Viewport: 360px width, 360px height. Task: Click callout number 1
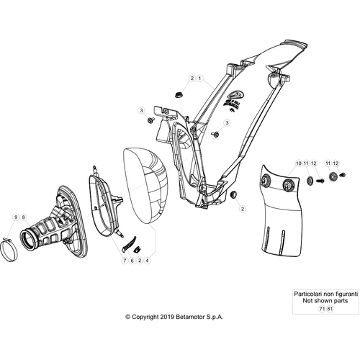[x=199, y=78]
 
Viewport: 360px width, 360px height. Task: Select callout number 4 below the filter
[x=147, y=261]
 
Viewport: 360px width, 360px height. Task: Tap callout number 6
[x=132, y=261]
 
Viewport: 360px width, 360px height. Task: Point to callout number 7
[x=125, y=261]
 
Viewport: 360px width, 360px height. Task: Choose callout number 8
[x=23, y=217]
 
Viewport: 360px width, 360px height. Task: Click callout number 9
[x=16, y=217]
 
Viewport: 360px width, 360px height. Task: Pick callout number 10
[x=299, y=163]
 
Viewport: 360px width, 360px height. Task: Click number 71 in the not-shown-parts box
[x=322, y=309]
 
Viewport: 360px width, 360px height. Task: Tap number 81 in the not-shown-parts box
[x=330, y=309]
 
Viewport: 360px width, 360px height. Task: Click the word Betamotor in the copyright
[x=190, y=317]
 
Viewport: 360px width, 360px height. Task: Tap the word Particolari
[x=308, y=294]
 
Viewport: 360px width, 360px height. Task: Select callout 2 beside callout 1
[x=192, y=78]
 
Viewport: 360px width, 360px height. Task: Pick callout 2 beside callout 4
[x=140, y=261]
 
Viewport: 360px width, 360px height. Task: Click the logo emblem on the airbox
[x=235, y=94]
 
